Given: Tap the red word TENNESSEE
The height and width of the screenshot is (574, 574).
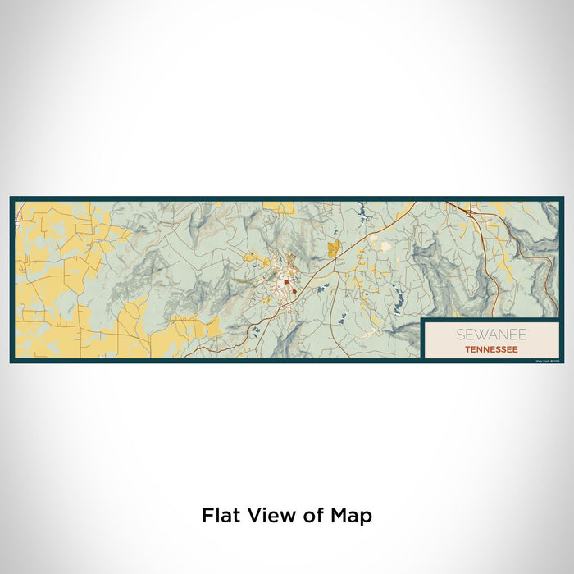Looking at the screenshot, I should pyautogui.click(x=490, y=348).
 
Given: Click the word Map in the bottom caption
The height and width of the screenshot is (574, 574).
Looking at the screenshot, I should pyautogui.click(x=353, y=516).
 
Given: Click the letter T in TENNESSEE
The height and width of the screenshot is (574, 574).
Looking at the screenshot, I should pyautogui.click(x=466, y=348).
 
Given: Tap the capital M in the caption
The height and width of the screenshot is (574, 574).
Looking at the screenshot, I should pyautogui.click(x=342, y=516).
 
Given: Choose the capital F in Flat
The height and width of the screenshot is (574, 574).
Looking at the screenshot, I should pyautogui.click(x=207, y=516).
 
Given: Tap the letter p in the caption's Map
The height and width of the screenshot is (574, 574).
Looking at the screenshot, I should pyautogui.click(x=367, y=518).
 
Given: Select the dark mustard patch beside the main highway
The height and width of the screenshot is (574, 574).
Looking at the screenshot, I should pyautogui.click(x=334, y=248).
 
